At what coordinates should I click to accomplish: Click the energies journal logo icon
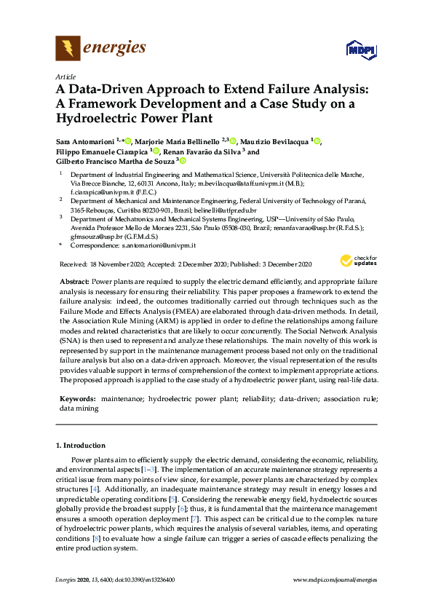click(68, 49)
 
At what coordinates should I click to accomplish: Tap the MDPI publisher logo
click(362, 50)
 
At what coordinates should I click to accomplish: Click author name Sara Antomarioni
click(89, 141)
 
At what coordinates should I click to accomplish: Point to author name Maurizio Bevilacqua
click(274, 141)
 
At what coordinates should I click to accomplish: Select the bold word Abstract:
click(74, 281)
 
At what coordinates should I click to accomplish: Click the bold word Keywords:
click(76, 400)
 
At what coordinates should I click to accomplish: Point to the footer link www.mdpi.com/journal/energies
click(335, 580)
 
